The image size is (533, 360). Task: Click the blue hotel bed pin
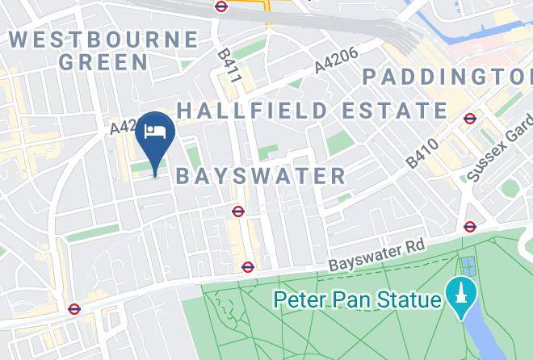(x=154, y=134)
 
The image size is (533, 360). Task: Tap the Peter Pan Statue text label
(x=358, y=300)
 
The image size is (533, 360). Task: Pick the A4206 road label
(x=336, y=61)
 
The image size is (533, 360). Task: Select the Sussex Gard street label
(x=499, y=147)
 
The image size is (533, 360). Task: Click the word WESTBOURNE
(x=103, y=39)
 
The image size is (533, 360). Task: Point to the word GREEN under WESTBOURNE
(x=103, y=61)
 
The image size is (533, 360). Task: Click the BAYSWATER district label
(x=260, y=176)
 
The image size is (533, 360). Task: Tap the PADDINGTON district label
(x=447, y=77)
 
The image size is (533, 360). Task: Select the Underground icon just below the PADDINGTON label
(x=470, y=119)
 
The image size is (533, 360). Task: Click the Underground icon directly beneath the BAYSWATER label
(x=237, y=211)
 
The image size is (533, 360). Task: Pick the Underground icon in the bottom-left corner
(x=73, y=308)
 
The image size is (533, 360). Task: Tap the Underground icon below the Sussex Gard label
(x=470, y=227)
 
